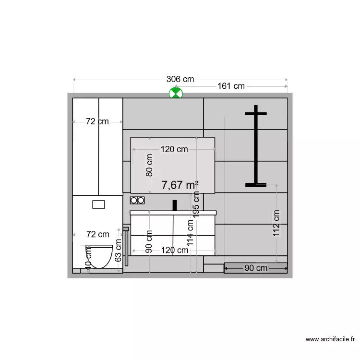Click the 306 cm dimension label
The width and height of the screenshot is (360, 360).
pos(180,79)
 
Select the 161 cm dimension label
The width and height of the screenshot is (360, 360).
pos(231,86)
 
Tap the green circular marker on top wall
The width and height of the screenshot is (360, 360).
pos(176,93)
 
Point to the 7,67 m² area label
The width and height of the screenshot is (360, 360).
pos(180,185)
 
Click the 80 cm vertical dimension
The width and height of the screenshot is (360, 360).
pos(149,165)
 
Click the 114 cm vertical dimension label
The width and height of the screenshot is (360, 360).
pos(191,233)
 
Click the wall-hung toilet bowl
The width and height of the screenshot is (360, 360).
pos(99,256)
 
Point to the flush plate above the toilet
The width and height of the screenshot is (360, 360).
pos(98,204)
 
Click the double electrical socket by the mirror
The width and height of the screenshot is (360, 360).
pos(137,200)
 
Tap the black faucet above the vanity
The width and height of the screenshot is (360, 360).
pos(175,205)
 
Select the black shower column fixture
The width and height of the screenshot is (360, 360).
pos(256,146)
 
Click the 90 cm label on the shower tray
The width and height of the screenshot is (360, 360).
pos(256,268)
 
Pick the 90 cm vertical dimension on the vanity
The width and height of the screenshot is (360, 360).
pos(149,241)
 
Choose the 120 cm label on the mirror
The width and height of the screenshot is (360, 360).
pos(174,149)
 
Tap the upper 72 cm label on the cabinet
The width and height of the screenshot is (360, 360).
pos(97,122)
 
